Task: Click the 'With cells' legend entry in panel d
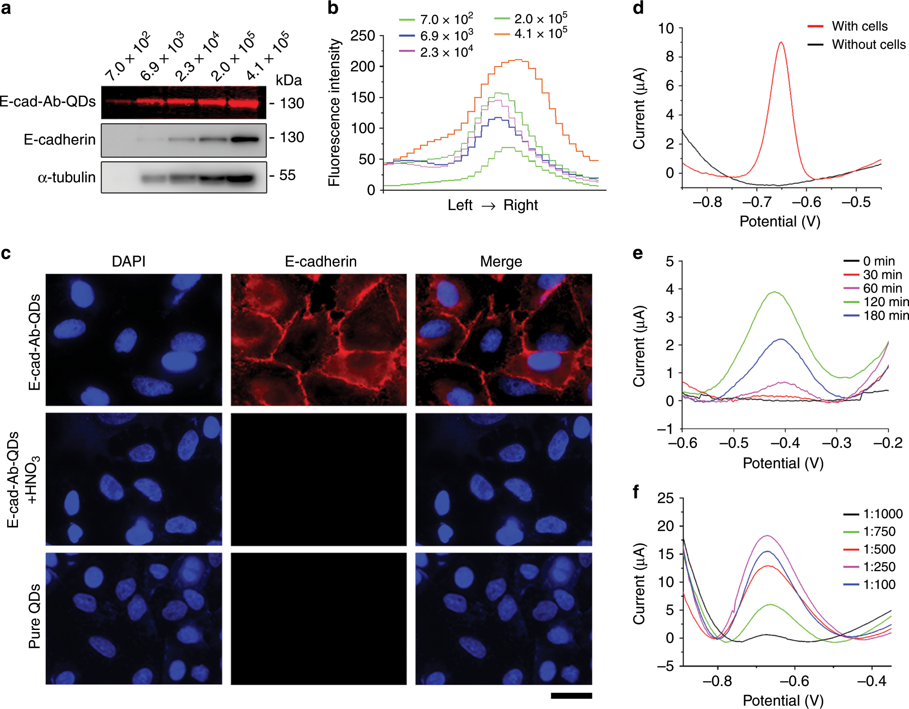click(x=859, y=26)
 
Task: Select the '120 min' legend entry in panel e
click(x=885, y=302)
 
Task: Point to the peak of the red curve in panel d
click(x=781, y=42)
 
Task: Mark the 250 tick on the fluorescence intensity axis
click(x=362, y=35)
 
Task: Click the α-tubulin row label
click(x=66, y=177)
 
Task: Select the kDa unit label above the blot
click(x=288, y=80)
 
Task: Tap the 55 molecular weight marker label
click(x=287, y=175)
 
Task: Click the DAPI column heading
click(x=128, y=261)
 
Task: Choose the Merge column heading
click(x=501, y=261)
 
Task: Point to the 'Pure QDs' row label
click(x=35, y=616)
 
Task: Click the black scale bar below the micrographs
click(x=571, y=696)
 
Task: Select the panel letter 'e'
click(x=637, y=253)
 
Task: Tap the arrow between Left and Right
click(x=488, y=206)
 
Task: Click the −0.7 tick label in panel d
click(x=757, y=202)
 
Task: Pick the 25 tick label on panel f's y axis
click(x=665, y=498)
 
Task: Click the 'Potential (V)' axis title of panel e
click(x=783, y=463)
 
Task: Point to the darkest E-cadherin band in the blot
click(x=245, y=139)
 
